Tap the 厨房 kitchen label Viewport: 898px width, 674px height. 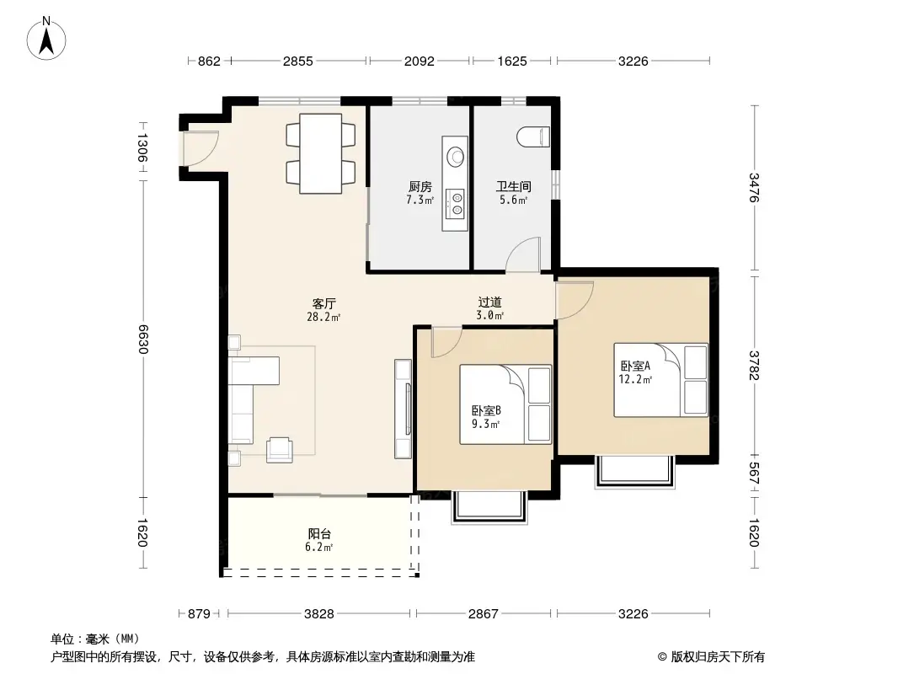coord(420,186)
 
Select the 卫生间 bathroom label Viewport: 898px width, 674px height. coord(511,186)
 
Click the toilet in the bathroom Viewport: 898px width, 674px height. coord(532,136)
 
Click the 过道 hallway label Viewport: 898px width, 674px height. coord(490,302)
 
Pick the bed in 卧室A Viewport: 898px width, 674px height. coord(660,379)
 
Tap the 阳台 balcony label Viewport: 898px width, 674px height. coord(319,533)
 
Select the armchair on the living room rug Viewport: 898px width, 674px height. coord(280,451)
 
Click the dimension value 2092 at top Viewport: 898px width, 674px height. coord(419,61)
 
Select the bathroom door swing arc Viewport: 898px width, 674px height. coord(523,254)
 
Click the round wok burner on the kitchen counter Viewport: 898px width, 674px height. coord(456,156)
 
